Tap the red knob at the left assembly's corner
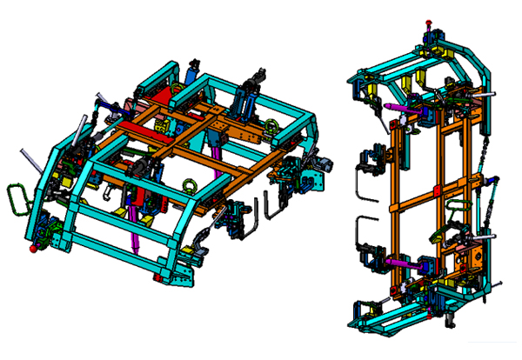click(34, 250)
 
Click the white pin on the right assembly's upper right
click(492, 93)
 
